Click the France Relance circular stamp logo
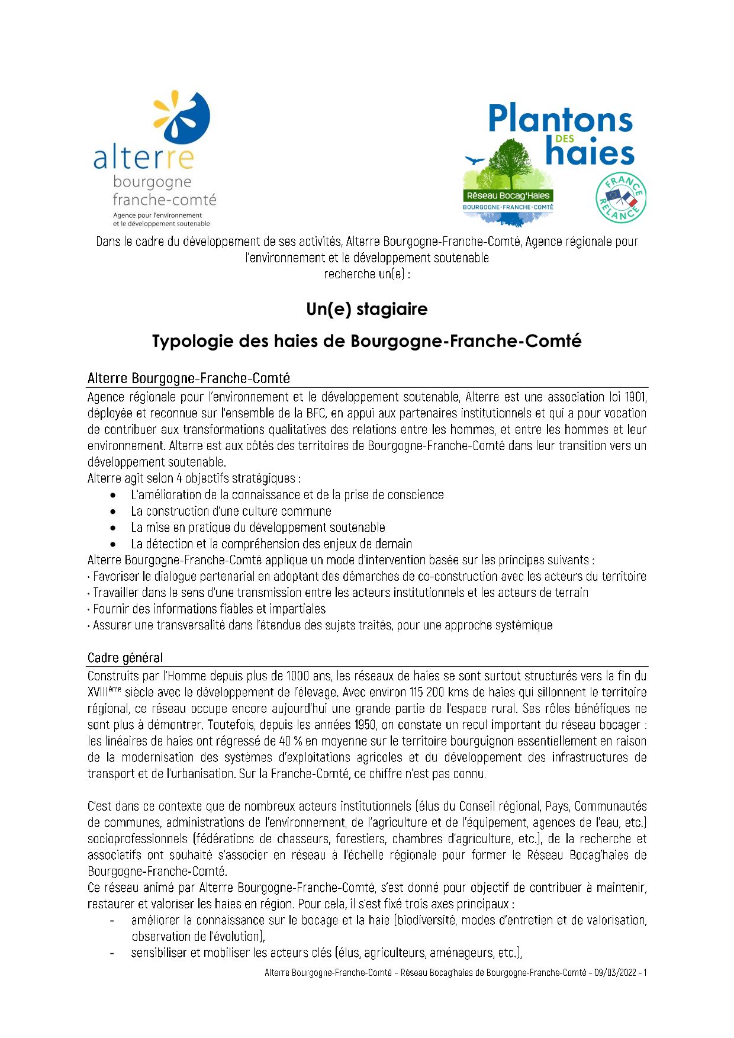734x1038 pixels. pyautogui.click(x=620, y=198)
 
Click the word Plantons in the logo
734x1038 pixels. pyautogui.click(x=560, y=119)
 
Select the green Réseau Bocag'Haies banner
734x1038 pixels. pyautogui.click(x=508, y=195)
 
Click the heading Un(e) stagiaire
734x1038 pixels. pyautogui.click(x=366, y=309)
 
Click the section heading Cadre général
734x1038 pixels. pyautogui.click(x=125, y=658)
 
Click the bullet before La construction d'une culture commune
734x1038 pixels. pyautogui.click(x=113, y=511)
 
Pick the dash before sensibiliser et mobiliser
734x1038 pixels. pyautogui.click(x=112, y=953)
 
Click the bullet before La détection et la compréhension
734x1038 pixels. pyautogui.click(x=113, y=544)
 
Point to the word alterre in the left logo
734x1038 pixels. pyautogui.click(x=143, y=159)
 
